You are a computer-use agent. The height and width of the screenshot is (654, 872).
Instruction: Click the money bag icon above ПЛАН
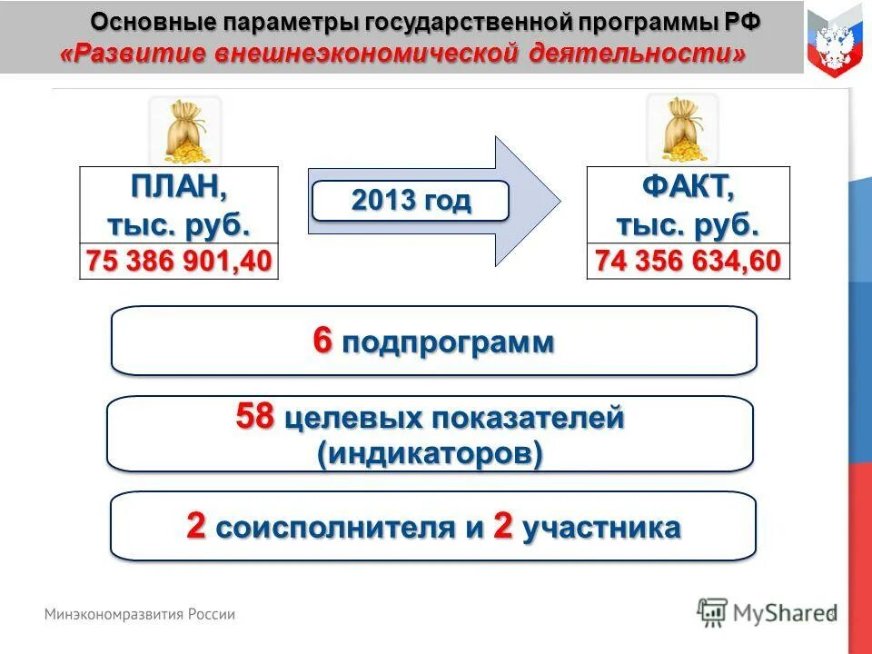coord(185,132)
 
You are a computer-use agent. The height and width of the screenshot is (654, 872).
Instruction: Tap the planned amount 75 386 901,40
coord(179,262)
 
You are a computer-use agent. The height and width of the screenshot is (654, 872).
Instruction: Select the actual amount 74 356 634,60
coord(688,262)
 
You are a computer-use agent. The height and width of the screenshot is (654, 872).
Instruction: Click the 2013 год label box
coord(411,201)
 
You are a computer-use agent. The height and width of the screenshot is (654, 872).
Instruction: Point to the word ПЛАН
coord(179,189)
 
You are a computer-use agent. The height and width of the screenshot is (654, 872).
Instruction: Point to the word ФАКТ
coord(688,189)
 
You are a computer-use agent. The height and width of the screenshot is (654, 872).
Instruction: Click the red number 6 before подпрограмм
coord(322,342)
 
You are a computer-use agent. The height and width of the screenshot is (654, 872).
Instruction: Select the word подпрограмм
coord(448,343)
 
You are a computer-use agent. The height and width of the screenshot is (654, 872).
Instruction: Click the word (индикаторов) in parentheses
coord(430,452)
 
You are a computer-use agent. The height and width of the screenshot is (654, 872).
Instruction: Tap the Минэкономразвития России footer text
coord(140,614)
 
